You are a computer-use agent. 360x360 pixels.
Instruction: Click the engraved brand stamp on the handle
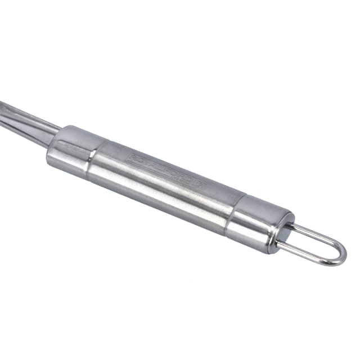[x=166, y=169]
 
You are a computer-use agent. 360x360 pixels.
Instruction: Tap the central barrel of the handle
[x=163, y=183]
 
